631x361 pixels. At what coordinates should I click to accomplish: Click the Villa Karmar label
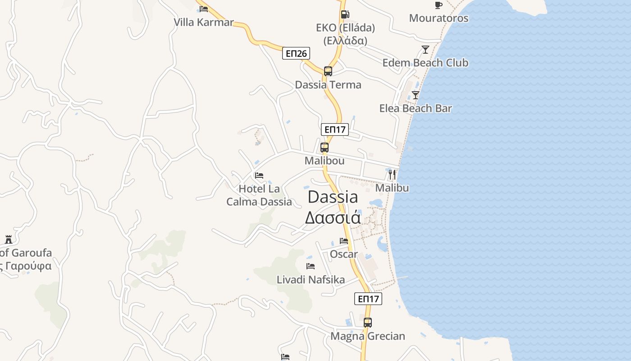[204, 22]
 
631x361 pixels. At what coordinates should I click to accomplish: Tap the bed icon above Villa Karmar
[204, 9]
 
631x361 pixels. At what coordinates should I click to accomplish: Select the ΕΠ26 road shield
[296, 54]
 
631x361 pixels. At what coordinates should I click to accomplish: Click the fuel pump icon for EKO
[345, 14]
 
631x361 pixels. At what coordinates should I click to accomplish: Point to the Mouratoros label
[439, 19]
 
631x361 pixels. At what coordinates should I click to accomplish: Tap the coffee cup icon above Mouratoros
[438, 5]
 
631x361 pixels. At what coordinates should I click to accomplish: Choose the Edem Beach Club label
[425, 63]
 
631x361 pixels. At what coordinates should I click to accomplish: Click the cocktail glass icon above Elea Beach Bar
[416, 95]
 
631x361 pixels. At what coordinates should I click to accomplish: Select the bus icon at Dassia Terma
[328, 71]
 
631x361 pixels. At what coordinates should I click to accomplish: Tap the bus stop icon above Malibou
[324, 147]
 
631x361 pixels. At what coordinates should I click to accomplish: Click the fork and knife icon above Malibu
[392, 174]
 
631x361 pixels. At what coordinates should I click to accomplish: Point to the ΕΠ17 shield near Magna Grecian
[368, 299]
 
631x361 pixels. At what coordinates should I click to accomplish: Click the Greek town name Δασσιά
[333, 218]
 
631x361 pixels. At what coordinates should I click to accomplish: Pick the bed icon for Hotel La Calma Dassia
[259, 176]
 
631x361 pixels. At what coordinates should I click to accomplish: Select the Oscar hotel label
[344, 254]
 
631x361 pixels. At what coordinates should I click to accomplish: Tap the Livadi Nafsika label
[311, 280]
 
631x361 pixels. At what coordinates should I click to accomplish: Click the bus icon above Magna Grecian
[368, 323]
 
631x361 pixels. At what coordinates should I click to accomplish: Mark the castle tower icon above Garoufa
[9, 239]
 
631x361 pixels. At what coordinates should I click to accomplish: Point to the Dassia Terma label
[328, 85]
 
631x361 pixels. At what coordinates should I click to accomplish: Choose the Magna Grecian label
[368, 336]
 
